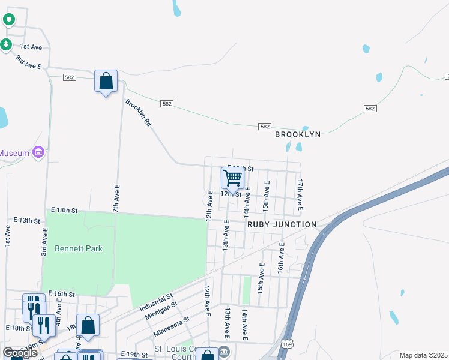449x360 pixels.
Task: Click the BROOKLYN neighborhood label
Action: [x=298, y=134]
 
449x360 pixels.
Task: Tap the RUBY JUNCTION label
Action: [x=282, y=224]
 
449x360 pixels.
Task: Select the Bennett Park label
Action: [x=79, y=248]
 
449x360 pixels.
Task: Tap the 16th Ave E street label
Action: [x=280, y=259]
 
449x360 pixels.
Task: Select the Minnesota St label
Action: [x=170, y=326]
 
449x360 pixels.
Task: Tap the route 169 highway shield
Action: [x=288, y=344]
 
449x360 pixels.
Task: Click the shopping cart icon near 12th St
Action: [x=232, y=178]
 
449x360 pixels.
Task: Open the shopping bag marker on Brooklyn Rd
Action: [x=106, y=81]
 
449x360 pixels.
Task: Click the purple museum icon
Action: [x=38, y=152]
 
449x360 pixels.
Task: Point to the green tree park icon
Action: [x=6, y=44]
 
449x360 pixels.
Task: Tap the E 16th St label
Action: [x=62, y=294]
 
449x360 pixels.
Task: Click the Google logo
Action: [x=20, y=353]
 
